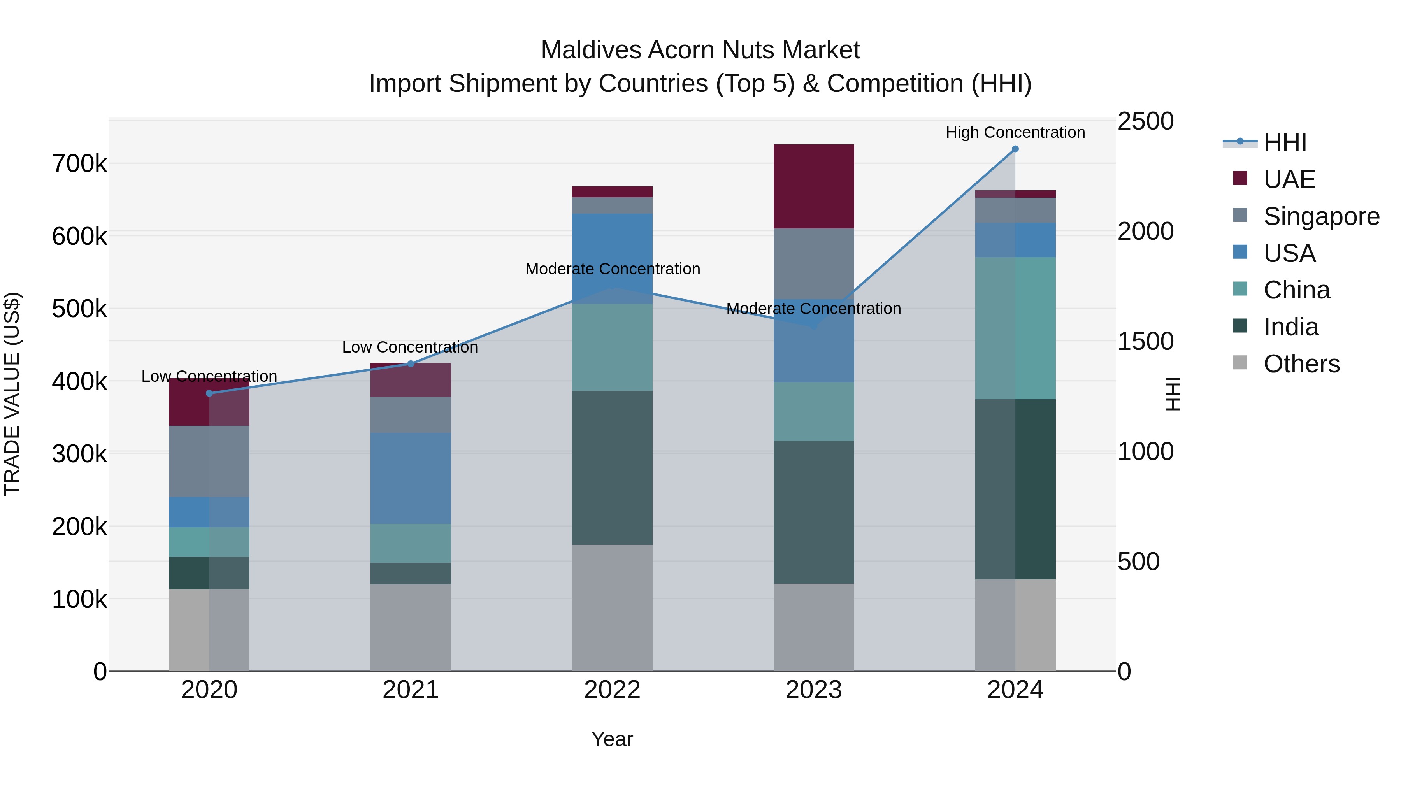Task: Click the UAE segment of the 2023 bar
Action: [814, 186]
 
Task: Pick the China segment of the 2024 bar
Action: [1015, 328]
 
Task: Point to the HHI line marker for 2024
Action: [1015, 149]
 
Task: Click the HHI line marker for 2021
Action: [411, 364]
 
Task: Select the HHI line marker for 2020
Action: [209, 393]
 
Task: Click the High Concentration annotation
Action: [1015, 132]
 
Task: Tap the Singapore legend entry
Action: [1321, 216]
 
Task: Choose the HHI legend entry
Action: [1285, 142]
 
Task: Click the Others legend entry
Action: [1301, 364]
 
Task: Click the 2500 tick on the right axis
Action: [1145, 121]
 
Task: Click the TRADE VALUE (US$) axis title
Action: [12, 394]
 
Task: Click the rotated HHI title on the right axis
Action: [1174, 394]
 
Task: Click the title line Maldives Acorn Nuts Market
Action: [700, 50]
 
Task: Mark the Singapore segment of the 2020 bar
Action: [209, 461]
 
